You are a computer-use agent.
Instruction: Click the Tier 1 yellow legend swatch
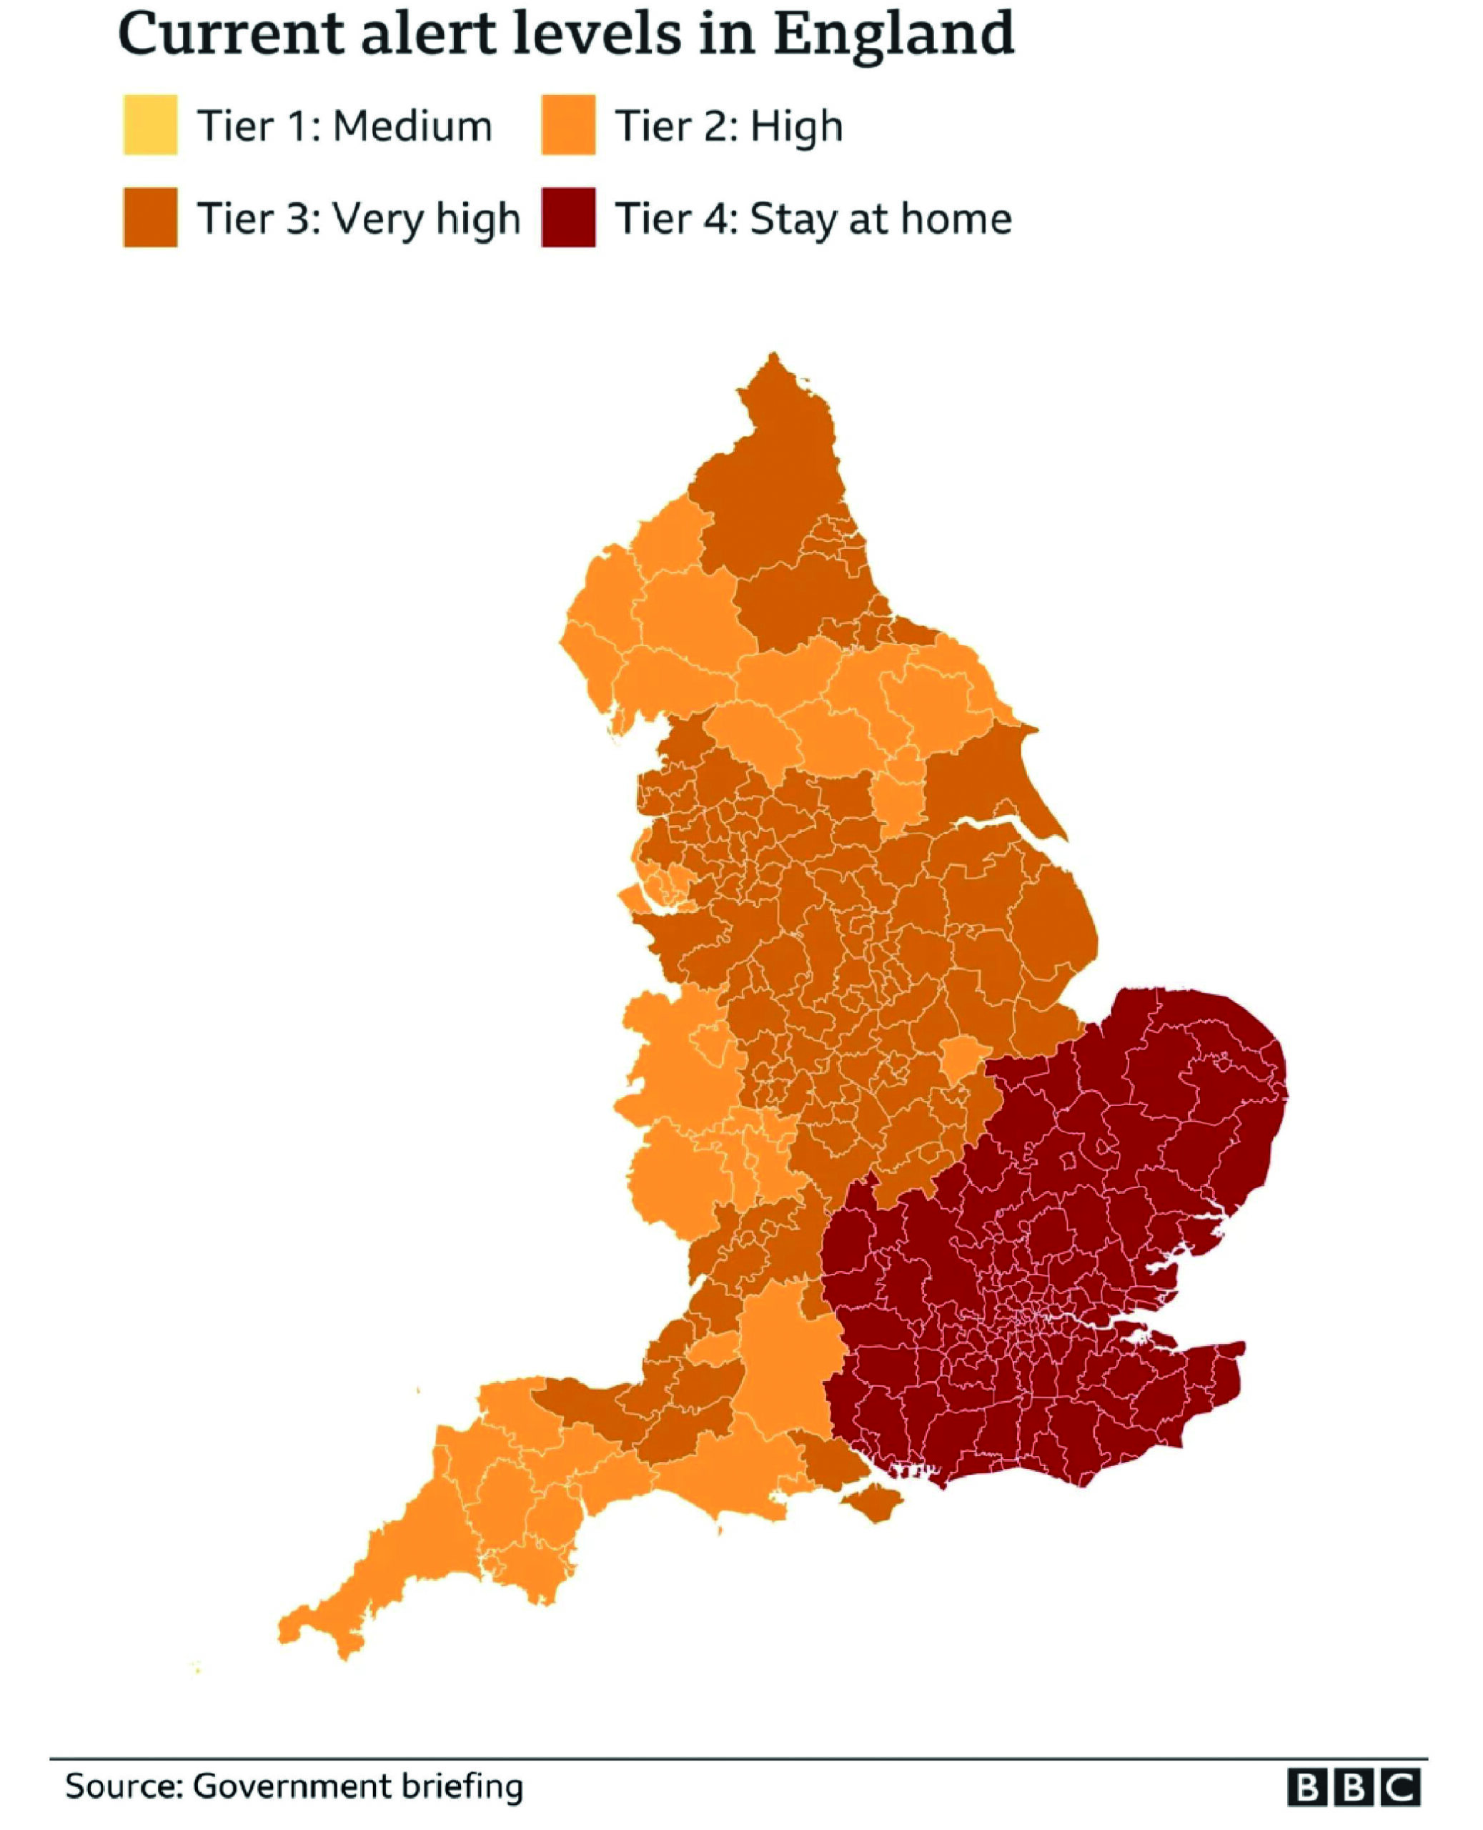click(150, 124)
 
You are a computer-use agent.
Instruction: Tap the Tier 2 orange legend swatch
click(568, 124)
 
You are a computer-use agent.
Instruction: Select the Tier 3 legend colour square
click(150, 218)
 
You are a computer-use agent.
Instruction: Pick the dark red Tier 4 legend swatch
click(568, 218)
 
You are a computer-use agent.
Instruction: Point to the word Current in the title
click(231, 34)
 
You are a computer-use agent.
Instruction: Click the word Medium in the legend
click(412, 127)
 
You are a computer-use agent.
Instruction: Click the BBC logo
click(1354, 1787)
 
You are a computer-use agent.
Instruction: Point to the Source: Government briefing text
click(294, 1786)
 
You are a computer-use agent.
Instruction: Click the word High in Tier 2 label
click(796, 127)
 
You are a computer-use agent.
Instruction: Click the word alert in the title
click(415, 34)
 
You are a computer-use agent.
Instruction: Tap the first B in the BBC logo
click(1308, 1787)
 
